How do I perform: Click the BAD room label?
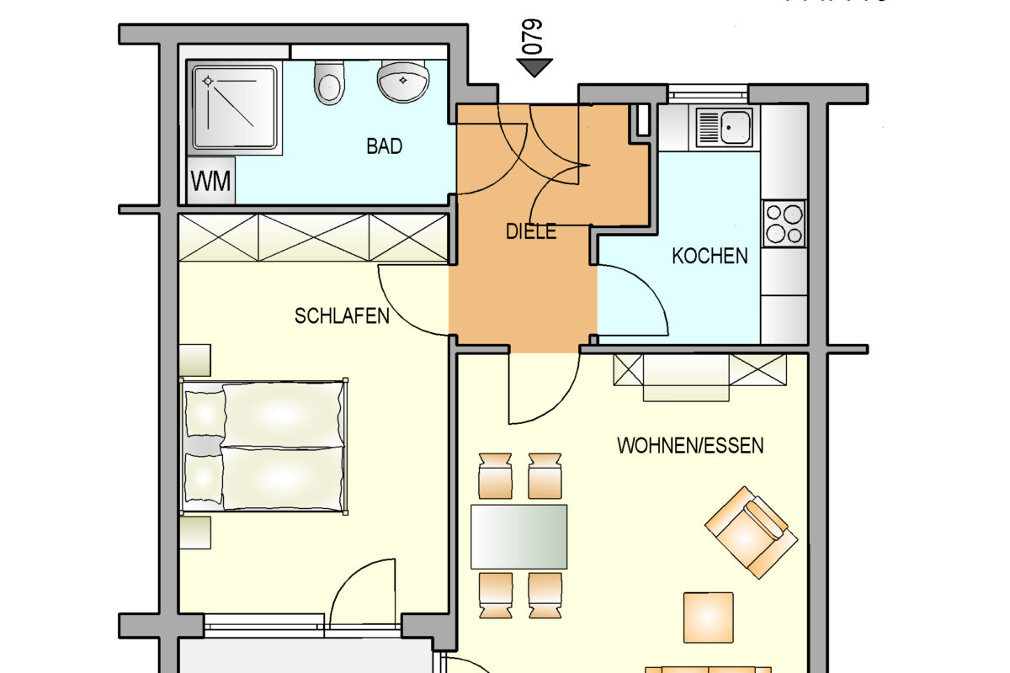pos(384,146)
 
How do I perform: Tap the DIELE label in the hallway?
pos(531,231)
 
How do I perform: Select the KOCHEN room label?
pos(710,256)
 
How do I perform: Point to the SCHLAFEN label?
pos(342,316)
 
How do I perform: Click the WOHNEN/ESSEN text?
pos(690,445)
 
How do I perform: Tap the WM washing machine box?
pos(211,181)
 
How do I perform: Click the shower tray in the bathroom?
pos(235,107)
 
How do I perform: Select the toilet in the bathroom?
pos(328,82)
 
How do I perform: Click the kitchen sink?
pos(723,126)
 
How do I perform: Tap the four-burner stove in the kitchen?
pos(784,223)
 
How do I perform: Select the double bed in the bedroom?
pos(264,446)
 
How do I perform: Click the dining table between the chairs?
pos(518,536)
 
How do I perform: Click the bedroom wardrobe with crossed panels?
pos(313,237)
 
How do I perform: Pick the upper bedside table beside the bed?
pos(194,359)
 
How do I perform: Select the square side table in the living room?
pos(708,617)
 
